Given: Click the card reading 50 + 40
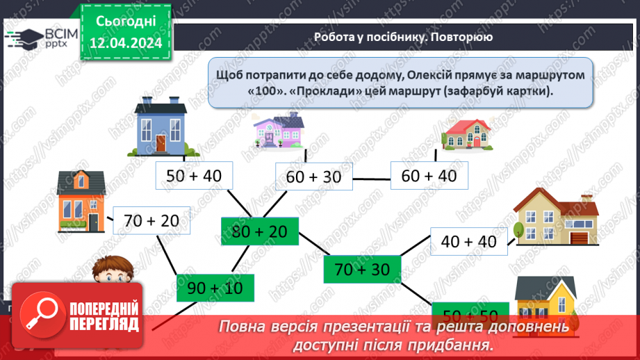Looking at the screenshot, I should coord(195,176).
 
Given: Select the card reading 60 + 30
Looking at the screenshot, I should coord(314,177).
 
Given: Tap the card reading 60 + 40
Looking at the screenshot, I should coord(429,176).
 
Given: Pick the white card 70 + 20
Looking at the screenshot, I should coord(151,222).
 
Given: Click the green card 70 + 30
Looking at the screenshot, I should coord(362,269).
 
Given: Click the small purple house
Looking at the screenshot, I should coord(279,131).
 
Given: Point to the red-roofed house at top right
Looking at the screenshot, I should coord(469,134).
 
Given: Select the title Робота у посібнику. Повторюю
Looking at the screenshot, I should coord(403,37).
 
